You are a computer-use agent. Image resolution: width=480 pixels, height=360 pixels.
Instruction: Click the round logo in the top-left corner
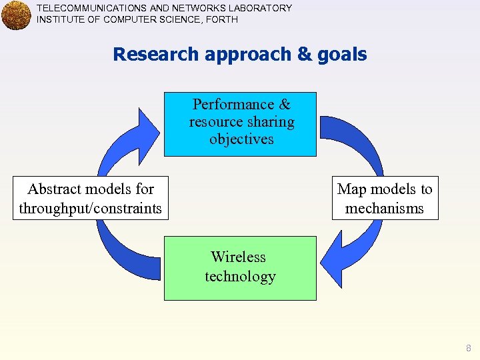[x=17, y=15]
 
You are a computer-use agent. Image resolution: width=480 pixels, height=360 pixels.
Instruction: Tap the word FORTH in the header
[x=223, y=19]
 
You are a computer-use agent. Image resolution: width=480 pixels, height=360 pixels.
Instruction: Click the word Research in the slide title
[x=157, y=54]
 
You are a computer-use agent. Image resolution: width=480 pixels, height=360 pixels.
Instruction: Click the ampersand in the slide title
[x=305, y=54]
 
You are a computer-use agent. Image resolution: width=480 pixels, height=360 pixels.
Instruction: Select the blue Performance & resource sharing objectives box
[x=241, y=124]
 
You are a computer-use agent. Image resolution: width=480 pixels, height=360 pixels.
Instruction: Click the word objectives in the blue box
[x=241, y=139]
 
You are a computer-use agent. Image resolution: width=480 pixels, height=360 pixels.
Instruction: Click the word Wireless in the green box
[x=238, y=257]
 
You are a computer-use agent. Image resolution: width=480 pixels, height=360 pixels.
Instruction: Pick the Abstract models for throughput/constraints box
[x=91, y=198]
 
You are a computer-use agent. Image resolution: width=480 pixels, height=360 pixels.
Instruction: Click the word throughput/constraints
[x=91, y=208]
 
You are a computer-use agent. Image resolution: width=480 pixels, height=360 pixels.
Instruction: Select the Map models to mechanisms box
[x=385, y=198]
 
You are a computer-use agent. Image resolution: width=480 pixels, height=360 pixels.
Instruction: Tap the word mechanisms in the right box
[x=385, y=208]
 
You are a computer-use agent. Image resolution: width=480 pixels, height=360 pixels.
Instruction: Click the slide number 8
[x=469, y=348]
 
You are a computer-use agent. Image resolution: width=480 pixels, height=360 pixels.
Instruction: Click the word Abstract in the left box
[x=56, y=189]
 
